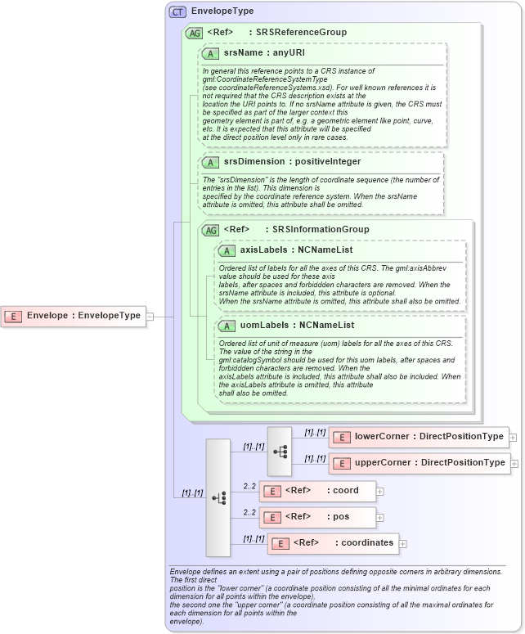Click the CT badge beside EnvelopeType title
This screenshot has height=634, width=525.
(x=177, y=11)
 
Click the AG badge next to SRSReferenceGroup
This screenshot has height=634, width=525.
(x=195, y=33)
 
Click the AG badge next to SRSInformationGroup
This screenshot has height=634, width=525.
(x=211, y=230)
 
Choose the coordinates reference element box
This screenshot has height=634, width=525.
(x=333, y=542)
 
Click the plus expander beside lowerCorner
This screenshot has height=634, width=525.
(x=513, y=438)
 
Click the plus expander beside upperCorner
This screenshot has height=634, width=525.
(x=514, y=464)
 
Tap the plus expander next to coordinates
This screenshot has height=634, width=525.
(x=402, y=543)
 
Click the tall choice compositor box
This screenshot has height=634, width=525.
(x=218, y=497)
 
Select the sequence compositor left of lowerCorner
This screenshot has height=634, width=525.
(x=279, y=451)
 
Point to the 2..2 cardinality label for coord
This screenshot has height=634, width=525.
(x=249, y=487)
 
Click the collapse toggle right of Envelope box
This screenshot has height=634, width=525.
(x=149, y=316)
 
